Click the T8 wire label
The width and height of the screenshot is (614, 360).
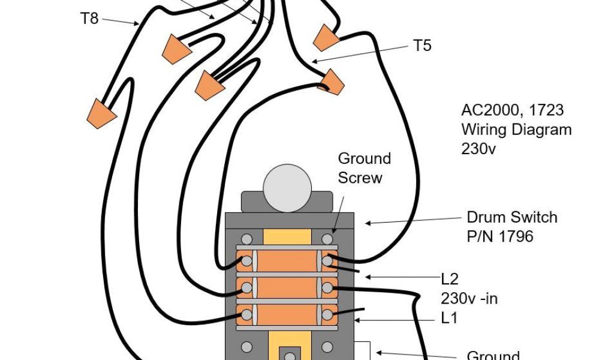pyautogui.click(x=89, y=19)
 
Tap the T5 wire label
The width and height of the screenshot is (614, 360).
pyautogui.click(x=422, y=46)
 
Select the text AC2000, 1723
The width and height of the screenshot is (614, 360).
pyautogui.click(x=512, y=110)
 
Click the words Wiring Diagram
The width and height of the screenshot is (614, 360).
pyautogui.click(x=516, y=130)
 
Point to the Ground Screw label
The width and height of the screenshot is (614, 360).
pyautogui.click(x=364, y=168)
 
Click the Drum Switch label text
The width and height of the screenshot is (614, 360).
pyautogui.click(x=512, y=217)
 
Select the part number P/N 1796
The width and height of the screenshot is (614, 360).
pyautogui.click(x=500, y=236)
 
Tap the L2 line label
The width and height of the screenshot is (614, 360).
pyautogui.click(x=450, y=278)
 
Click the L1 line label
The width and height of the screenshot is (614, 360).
pyautogui.click(x=450, y=317)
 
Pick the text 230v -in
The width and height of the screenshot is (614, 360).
pyautogui.click(x=469, y=298)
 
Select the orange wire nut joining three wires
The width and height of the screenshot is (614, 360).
pyautogui.click(x=210, y=85)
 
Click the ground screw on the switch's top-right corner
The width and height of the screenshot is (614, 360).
pyautogui.click(x=327, y=239)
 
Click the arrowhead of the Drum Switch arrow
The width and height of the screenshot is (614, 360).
pyautogui.click(x=366, y=224)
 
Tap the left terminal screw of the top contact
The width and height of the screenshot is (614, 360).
pyautogui.click(x=246, y=261)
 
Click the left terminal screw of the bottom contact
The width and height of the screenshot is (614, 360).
pyautogui.click(x=246, y=313)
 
